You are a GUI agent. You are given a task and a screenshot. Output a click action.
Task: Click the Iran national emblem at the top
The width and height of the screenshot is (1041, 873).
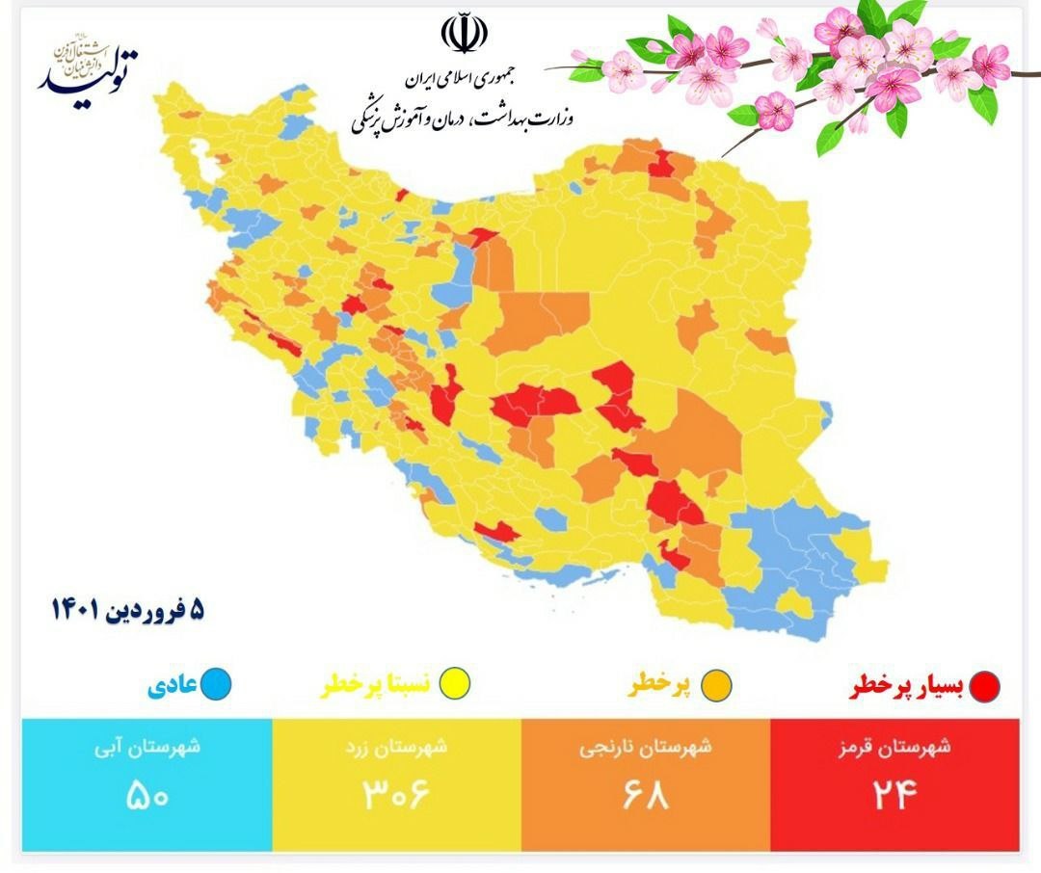pyautogui.click(x=465, y=34)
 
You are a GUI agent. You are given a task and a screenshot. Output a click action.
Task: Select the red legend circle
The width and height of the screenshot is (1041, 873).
pyautogui.click(x=985, y=686)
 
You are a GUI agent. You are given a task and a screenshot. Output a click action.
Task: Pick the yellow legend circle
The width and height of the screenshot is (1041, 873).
pyautogui.click(x=449, y=685)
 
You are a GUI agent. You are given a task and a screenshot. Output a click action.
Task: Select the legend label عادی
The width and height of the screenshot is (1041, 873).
pyautogui.click(x=173, y=685)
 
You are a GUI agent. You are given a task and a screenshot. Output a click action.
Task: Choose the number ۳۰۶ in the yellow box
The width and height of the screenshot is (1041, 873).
pyautogui.click(x=394, y=795)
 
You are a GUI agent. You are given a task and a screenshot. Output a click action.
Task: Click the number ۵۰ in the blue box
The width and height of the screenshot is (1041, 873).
pyautogui.click(x=148, y=795)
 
